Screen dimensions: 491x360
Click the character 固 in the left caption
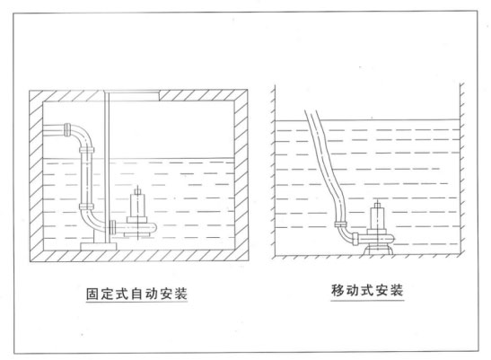coord(92,294)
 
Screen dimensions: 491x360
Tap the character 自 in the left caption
coord(136,294)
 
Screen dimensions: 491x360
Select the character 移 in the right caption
coord(338,291)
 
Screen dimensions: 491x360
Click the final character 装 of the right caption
coord(397,291)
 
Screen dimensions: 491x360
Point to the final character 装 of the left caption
coord(181,294)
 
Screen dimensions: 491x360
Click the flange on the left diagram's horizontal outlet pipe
coord(67,129)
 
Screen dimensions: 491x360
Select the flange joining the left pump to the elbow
coord(112,227)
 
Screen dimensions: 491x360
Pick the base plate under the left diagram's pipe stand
coord(99,246)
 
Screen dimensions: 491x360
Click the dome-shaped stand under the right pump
coord(378,250)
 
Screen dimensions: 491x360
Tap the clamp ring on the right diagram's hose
coord(340,224)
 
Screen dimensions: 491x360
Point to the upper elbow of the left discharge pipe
coord(83,136)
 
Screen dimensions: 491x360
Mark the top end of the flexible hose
coord(310,112)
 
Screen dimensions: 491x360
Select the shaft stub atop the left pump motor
coord(137,191)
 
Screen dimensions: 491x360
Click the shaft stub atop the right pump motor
coord(378,205)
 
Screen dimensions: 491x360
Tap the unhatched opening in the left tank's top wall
coord(132,95)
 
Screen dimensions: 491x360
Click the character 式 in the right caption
coord(367,291)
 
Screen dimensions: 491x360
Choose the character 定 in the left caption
coord(107,294)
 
